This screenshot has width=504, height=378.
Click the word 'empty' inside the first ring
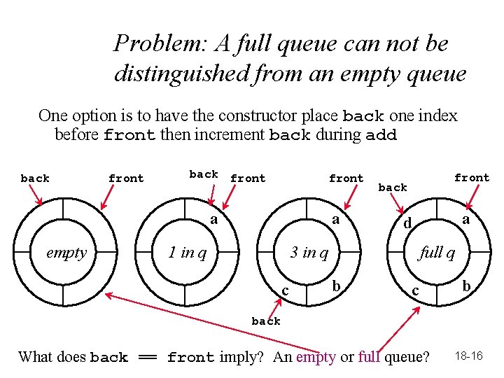66,253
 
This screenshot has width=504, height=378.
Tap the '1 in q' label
187,252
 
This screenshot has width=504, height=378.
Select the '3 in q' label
309,252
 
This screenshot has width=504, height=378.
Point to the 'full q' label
437,252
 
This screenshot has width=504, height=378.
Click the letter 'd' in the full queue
406,224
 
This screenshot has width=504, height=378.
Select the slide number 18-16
468,356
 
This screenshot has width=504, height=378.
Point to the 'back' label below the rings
266,321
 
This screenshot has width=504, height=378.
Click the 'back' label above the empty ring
35,178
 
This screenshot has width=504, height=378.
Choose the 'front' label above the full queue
472,178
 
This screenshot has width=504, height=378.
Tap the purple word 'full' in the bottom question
369,357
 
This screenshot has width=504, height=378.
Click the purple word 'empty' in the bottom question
316,357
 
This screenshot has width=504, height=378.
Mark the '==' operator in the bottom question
147,357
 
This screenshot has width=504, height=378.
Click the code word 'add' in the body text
381,135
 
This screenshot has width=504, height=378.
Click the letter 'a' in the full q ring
465,220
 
